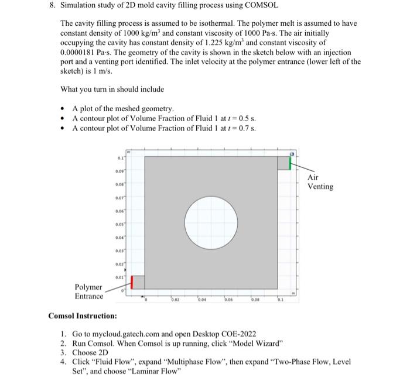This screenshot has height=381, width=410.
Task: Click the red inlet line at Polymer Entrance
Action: [x=132, y=282]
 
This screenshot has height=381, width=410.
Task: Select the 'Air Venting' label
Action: [x=320, y=182]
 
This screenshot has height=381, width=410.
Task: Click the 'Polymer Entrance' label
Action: [x=88, y=291]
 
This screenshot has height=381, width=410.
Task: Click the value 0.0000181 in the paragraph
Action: [x=81, y=52]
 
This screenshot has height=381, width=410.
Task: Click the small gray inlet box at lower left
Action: [x=138, y=282]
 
